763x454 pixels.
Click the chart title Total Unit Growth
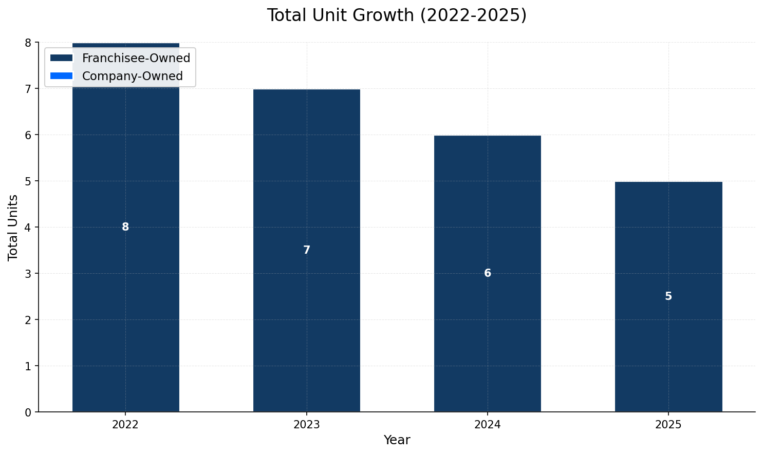click(x=396, y=15)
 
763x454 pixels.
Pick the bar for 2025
click(x=668, y=349)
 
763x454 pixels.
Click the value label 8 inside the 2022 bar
click(x=125, y=227)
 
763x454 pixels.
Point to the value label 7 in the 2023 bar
click(x=307, y=250)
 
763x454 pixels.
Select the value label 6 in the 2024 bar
click(x=488, y=273)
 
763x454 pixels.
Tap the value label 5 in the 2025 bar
click(x=668, y=296)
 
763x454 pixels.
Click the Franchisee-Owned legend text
click(x=136, y=59)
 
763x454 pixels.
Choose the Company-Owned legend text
click(x=133, y=77)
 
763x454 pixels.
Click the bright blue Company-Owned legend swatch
click(x=62, y=76)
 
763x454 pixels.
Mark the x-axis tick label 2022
click(x=125, y=425)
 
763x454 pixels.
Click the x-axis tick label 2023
click(x=307, y=425)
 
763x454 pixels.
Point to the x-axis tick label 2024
click(x=488, y=425)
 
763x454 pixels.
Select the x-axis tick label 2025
click(x=668, y=425)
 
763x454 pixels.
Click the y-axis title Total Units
click(x=13, y=227)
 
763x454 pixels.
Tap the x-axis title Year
click(x=397, y=440)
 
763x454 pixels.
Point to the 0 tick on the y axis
click(x=28, y=412)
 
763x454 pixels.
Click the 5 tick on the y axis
click(x=28, y=181)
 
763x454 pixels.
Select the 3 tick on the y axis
click(x=28, y=274)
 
